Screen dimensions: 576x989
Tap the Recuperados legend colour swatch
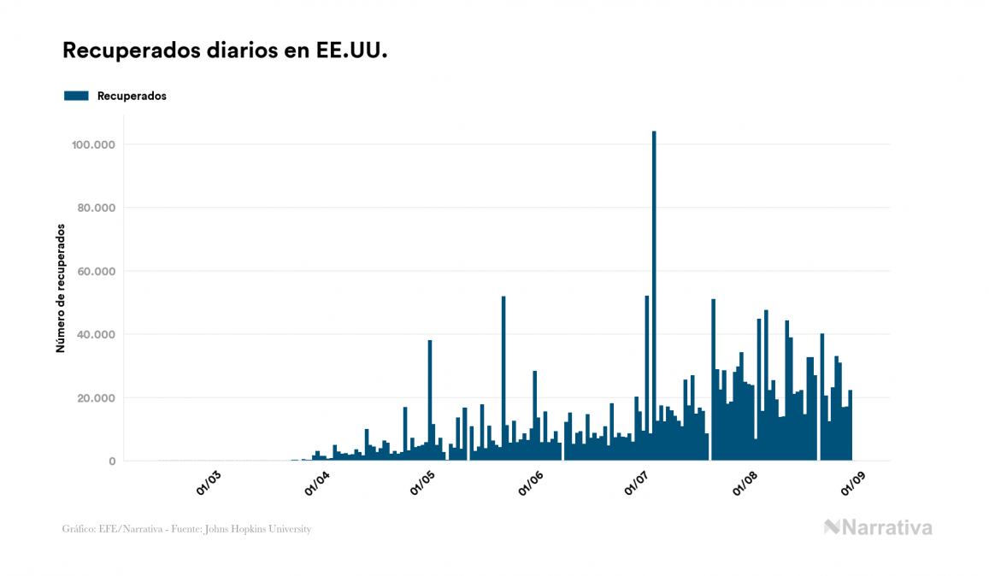[x=77, y=96]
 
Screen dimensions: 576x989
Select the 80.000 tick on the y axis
[x=95, y=208]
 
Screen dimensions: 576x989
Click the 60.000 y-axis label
[x=95, y=271]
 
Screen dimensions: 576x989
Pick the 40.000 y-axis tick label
[x=95, y=334]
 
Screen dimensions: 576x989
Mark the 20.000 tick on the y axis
[x=95, y=397]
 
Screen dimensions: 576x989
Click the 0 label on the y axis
[x=112, y=461]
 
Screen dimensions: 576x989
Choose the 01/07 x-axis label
[x=638, y=482]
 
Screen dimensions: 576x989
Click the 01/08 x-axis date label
[x=745, y=482]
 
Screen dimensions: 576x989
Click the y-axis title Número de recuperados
[x=61, y=288]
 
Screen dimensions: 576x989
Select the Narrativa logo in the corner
[x=878, y=527]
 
